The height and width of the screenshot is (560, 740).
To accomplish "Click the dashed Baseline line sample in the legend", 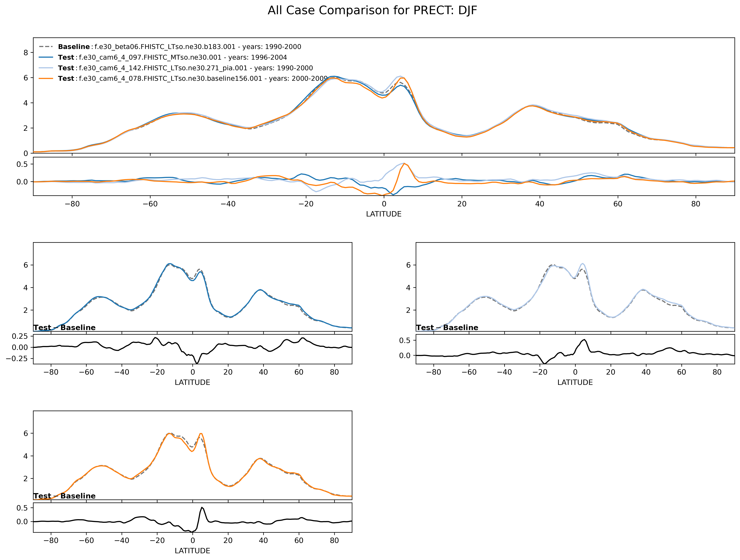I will (46, 47).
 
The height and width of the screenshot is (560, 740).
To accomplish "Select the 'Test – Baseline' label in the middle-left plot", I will (65, 328).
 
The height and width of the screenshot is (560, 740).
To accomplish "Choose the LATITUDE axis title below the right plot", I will (575, 383).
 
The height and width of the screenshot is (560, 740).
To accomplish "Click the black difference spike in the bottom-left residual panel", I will (202, 507).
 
